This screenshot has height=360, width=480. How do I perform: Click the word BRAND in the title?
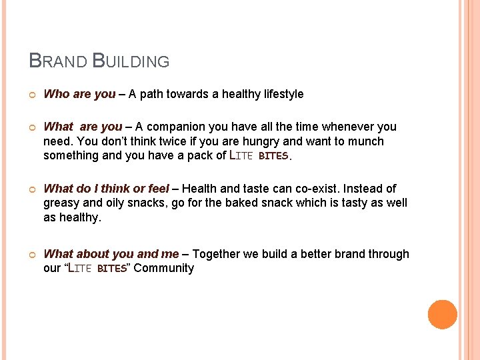58,61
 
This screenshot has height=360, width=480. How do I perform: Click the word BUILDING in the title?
131,61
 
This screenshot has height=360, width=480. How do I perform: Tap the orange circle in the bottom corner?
442,315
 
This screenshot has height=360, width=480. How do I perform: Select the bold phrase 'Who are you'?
79,94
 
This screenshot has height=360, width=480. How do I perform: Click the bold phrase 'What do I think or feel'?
106,189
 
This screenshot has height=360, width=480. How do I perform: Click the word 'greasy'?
62,203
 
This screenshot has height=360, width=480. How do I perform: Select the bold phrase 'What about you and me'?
111,254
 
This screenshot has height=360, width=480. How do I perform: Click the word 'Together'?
218,254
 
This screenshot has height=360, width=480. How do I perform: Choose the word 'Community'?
163,268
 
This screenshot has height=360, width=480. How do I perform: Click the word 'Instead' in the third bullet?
361,189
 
